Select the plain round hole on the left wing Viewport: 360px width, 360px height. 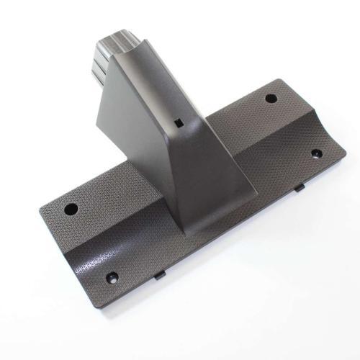[x=71, y=210]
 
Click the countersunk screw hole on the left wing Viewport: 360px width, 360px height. [x=112, y=276]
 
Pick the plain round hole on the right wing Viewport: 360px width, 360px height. [x=271, y=99]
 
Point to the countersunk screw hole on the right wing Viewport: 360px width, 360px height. [x=315, y=153]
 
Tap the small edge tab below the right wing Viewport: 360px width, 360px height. [x=300, y=188]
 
